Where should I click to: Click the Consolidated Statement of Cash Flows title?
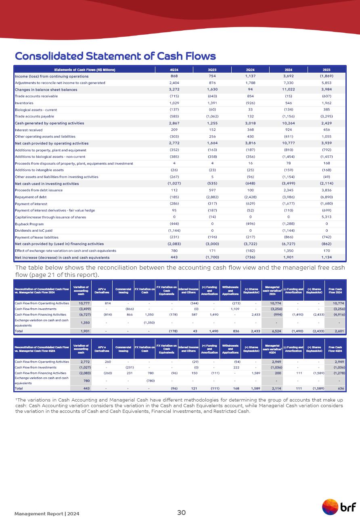(115, 56)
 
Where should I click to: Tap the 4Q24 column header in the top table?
(174, 69)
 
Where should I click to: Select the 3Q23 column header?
(212, 69)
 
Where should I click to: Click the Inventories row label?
(25, 103)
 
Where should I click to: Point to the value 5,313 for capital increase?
(327, 217)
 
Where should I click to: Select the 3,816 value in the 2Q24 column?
(250, 143)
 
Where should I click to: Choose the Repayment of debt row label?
(30, 197)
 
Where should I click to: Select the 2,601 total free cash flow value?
(339, 331)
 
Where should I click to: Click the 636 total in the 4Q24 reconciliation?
(341, 388)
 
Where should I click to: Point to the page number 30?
(182, 513)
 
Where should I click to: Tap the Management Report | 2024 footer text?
(47, 514)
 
